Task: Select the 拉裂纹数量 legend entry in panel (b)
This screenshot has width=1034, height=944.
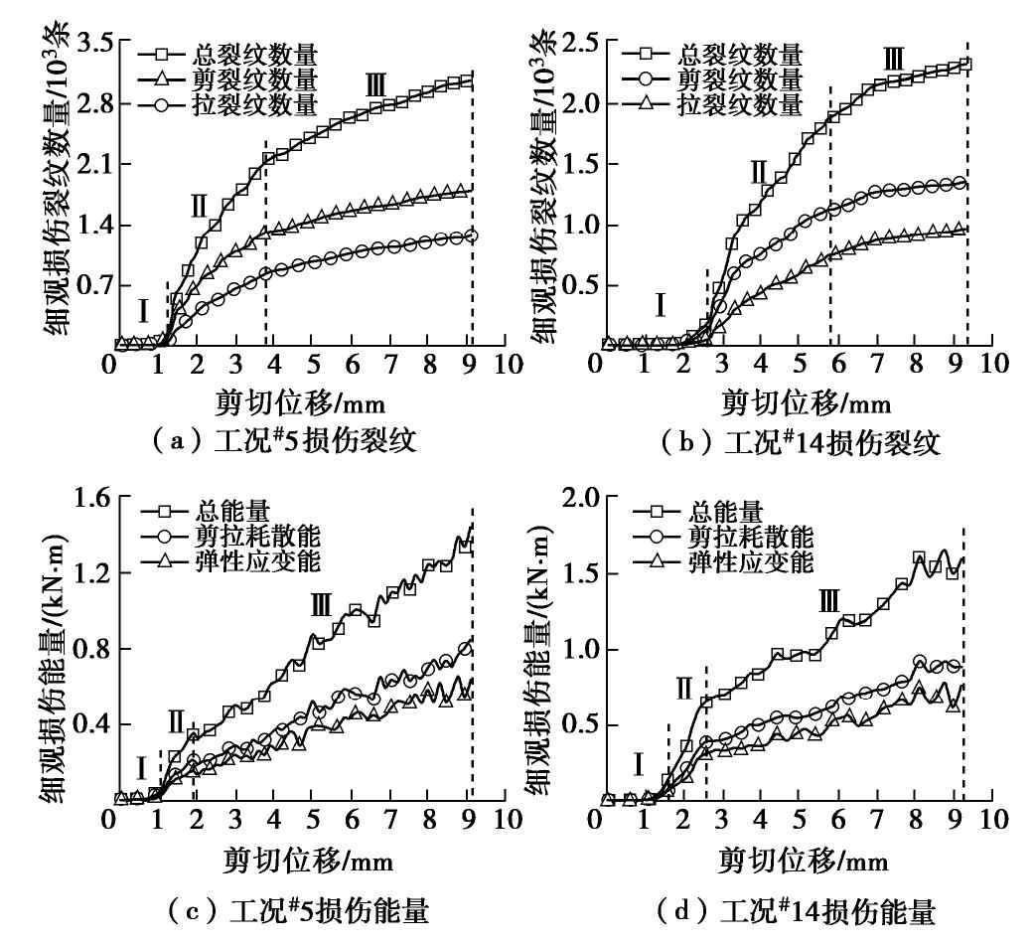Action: pyautogui.click(x=738, y=103)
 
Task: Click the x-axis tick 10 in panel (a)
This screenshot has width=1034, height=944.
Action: pyautogui.click(x=508, y=364)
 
